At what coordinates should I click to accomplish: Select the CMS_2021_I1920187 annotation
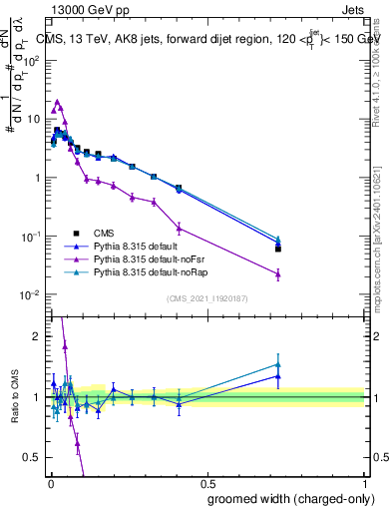click(206, 298)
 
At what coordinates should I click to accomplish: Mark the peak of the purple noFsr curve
click(58, 102)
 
